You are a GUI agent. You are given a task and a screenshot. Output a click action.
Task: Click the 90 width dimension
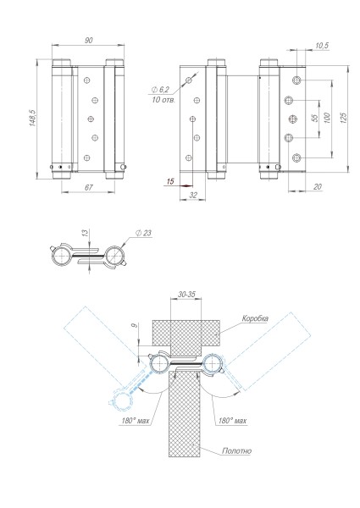(x=87, y=40)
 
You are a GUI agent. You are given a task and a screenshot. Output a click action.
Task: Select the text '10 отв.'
(x=163, y=100)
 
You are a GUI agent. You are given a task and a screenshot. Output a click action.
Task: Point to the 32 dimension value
(x=193, y=194)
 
